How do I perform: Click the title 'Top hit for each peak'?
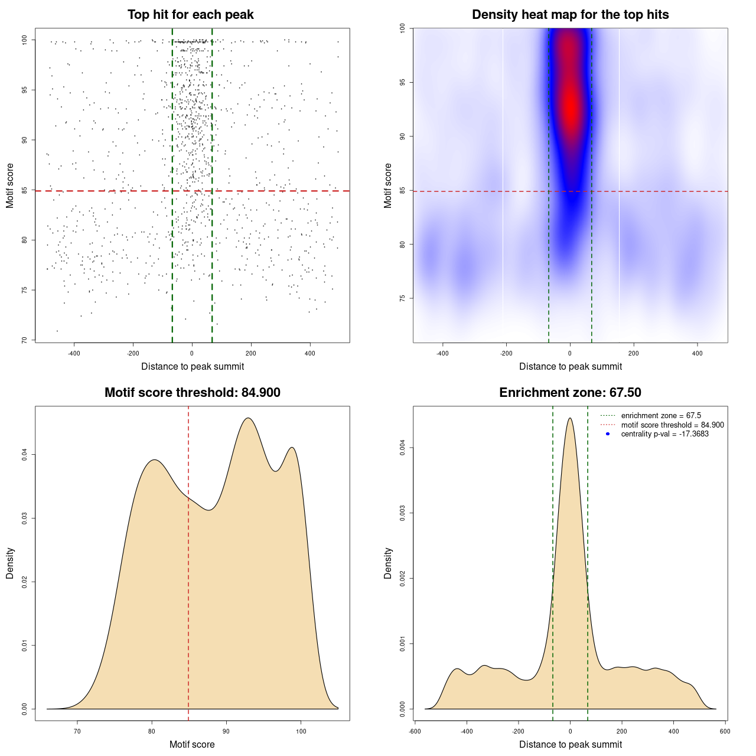coord(190,15)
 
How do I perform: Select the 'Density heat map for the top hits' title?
coord(570,15)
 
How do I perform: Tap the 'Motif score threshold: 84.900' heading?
coord(192,393)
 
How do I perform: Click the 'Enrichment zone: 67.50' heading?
coord(570,393)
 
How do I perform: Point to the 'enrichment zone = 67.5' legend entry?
coord(661,416)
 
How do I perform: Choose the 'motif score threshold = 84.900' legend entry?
coord(672,425)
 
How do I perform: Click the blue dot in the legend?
coord(607,434)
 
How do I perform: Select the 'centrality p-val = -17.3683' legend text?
coord(664,434)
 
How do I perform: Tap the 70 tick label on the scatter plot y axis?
coord(24,340)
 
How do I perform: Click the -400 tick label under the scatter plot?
coord(74,354)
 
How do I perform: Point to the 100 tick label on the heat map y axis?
coord(402,28)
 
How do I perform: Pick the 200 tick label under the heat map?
coord(634,354)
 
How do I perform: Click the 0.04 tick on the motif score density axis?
coord(24,454)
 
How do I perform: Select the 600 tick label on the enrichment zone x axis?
coord(725,732)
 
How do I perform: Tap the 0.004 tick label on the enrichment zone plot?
coord(402,448)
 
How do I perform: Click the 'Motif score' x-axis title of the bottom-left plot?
coord(192,744)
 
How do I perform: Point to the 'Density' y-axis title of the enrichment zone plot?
coord(388,563)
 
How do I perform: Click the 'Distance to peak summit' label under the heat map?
coord(570,367)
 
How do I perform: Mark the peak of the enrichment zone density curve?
coord(570,418)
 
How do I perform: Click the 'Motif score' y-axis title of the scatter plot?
coord(10,185)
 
